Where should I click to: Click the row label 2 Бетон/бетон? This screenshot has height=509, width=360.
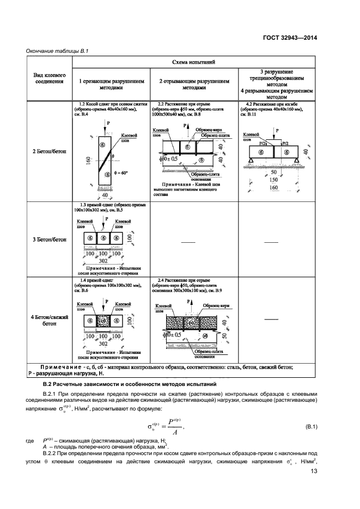tap(49, 151)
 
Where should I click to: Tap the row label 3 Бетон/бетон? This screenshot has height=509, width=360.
tap(49, 238)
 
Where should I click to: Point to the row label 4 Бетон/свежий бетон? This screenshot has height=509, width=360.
tap(49, 320)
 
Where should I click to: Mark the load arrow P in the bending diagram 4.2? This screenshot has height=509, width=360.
tap(276, 133)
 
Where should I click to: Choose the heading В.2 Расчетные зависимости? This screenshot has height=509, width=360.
tap(122, 385)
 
